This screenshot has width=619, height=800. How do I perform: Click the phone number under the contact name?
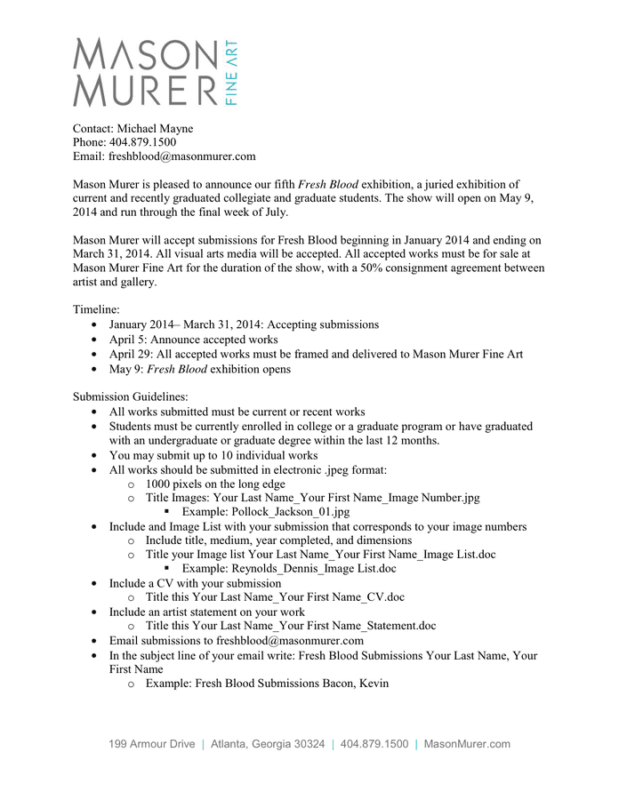point(142,142)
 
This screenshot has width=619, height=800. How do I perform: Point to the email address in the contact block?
point(182,156)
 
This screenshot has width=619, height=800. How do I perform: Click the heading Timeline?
point(100,310)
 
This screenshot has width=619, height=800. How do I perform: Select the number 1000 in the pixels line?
point(161,484)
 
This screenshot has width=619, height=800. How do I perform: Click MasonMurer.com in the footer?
point(467,744)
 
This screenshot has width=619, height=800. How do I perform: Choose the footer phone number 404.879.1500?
point(374,744)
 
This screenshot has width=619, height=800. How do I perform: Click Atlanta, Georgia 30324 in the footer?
point(268,744)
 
